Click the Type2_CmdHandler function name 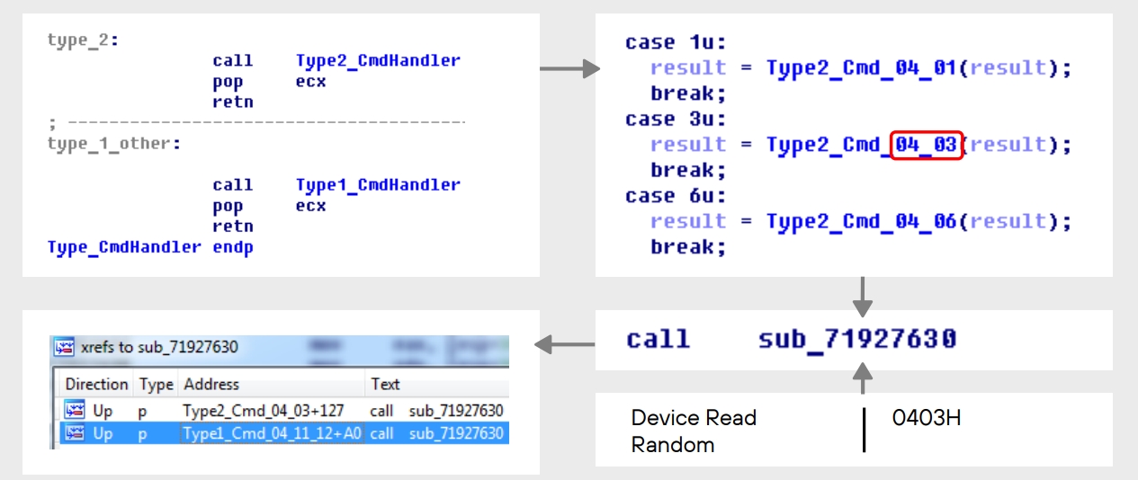click(x=378, y=61)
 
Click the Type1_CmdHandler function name click(x=378, y=185)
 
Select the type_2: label click(x=84, y=40)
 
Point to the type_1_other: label click(x=113, y=144)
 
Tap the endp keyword click(x=233, y=247)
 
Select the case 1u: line click(x=676, y=42)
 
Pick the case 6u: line click(x=676, y=196)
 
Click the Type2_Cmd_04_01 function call click(x=861, y=68)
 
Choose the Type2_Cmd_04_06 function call click(x=861, y=222)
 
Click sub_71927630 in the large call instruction click(x=857, y=340)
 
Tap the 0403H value click(x=927, y=418)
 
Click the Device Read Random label click(x=694, y=431)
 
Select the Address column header click(x=211, y=384)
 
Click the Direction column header click(x=96, y=384)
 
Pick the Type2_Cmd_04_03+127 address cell click(x=264, y=411)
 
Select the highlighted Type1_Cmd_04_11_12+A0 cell click(x=272, y=433)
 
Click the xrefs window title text click(x=159, y=347)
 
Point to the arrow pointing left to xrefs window click(x=565, y=344)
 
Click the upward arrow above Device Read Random click(x=863, y=378)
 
